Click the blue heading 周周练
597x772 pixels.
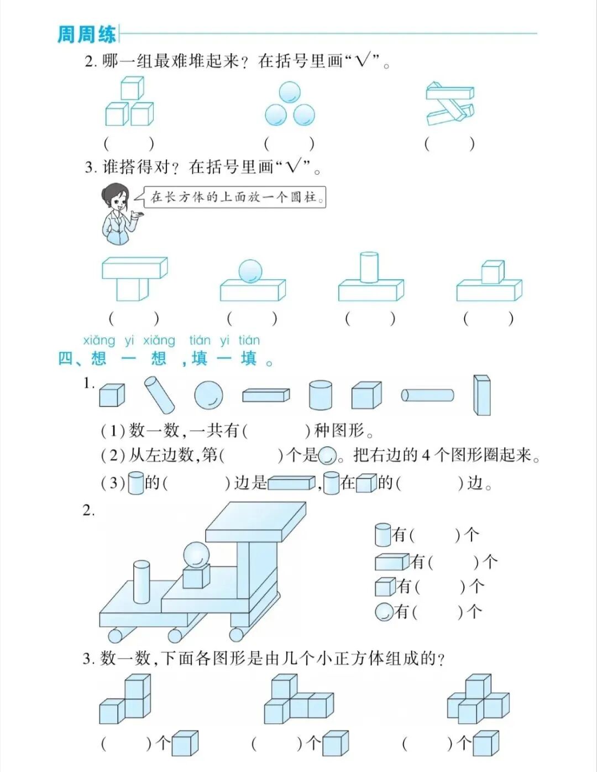[x=87, y=34]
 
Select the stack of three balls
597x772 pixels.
[x=290, y=105]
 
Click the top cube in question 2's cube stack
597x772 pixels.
[x=132, y=88]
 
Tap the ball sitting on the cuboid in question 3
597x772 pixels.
[x=250, y=272]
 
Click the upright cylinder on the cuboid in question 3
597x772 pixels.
[x=369, y=267]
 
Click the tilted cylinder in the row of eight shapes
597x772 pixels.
[x=159, y=395]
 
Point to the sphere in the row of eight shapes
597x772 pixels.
[x=209, y=395]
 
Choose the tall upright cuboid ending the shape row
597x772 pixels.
[x=481, y=395]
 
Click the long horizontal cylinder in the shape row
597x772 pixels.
[x=427, y=395]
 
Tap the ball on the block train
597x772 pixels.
[x=196, y=555]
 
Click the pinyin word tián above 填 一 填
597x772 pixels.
[x=199, y=340]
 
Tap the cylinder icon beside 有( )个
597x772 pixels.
[x=383, y=535]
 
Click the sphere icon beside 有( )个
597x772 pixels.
[x=384, y=612]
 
